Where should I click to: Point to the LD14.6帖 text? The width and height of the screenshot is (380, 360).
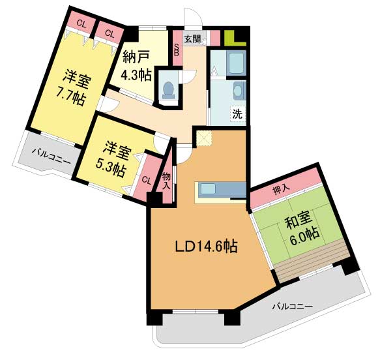(x=205, y=247)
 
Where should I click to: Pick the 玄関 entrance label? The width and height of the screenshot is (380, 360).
(x=192, y=38)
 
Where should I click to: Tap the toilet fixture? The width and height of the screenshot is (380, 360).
(x=168, y=89)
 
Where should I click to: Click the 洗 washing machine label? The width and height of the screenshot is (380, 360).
(x=237, y=113)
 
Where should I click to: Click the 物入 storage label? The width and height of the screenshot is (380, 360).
(x=167, y=181)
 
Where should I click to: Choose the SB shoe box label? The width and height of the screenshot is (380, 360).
(x=177, y=48)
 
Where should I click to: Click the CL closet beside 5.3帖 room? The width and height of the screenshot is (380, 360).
(x=147, y=179)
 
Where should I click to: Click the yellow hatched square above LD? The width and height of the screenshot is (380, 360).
(x=205, y=138)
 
